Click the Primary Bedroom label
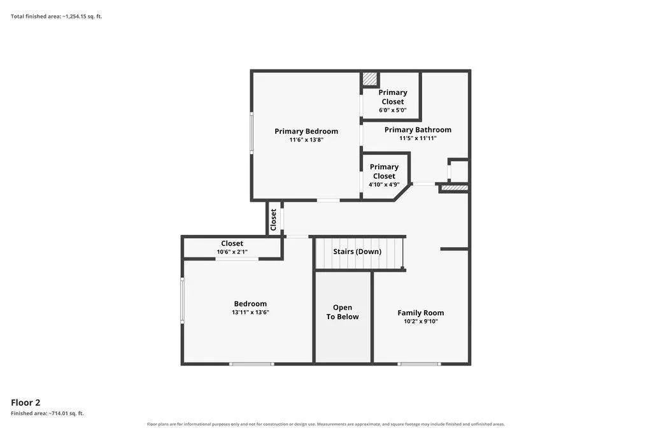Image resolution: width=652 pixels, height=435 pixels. [306, 131]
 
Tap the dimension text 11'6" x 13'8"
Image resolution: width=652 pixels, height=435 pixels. [306, 140]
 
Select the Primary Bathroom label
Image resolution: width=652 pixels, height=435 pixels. [418, 130]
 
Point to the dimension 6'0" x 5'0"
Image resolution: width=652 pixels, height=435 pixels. [392, 110]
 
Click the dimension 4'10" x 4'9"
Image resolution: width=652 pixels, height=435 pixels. [384, 185]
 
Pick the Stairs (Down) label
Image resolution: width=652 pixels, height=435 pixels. [357, 252]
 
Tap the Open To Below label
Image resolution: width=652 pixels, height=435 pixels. [342, 312]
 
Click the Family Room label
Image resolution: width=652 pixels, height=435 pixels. [420, 313]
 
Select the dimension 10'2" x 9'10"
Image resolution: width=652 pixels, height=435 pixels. [420, 322]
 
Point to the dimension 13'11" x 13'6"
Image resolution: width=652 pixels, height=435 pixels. [250, 312]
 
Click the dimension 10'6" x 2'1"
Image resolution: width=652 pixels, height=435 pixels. [232, 252]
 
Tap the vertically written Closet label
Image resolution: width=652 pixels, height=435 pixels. [273, 220]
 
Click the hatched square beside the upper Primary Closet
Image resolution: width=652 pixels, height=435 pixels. [369, 79]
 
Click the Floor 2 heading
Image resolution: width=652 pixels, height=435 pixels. [25, 403]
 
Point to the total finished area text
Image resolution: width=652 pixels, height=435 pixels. [56, 17]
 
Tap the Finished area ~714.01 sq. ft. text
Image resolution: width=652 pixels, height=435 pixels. [47, 413]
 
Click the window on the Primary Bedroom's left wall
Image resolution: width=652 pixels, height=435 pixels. [252, 132]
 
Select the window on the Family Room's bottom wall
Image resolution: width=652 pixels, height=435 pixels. [419, 364]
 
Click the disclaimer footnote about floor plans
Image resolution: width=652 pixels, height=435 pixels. [325, 424]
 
